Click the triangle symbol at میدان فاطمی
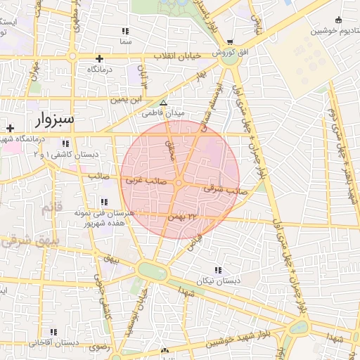[163, 102]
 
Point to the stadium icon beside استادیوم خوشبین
[339, 20]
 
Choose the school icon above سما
[125, 32]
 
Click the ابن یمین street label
[127, 100]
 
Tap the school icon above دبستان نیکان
[218, 269]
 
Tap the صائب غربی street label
[144, 181]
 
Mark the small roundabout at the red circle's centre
[179, 184]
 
